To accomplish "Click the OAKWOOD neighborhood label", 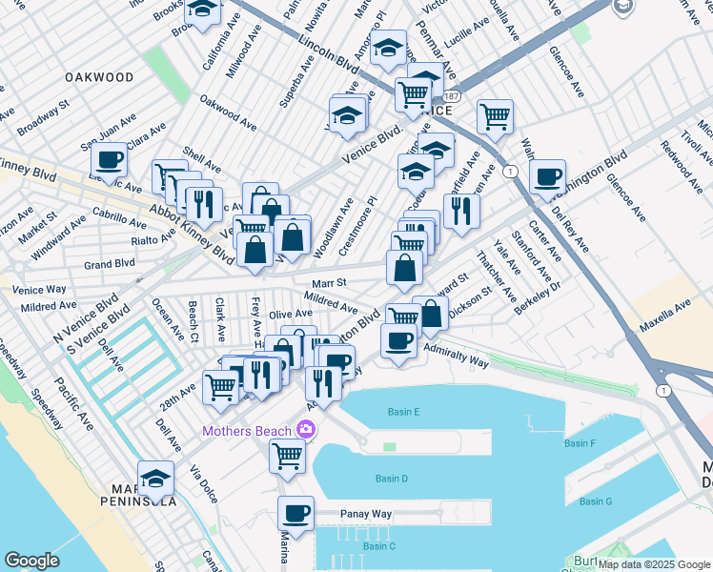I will tap(99, 76).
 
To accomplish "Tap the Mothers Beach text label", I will tap(246, 432).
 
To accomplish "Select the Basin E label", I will tap(404, 412).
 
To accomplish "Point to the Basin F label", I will tap(579, 443).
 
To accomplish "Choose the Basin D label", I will tap(392, 479).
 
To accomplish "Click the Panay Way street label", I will tap(367, 514).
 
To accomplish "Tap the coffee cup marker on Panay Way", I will tap(296, 514).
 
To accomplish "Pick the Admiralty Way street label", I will tap(456, 357).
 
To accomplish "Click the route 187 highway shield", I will tap(451, 97).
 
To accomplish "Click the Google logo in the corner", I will tap(31, 561).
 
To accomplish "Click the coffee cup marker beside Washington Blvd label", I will tap(547, 176).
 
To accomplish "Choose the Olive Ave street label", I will tap(291, 314).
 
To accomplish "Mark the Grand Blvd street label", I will tap(109, 264).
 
